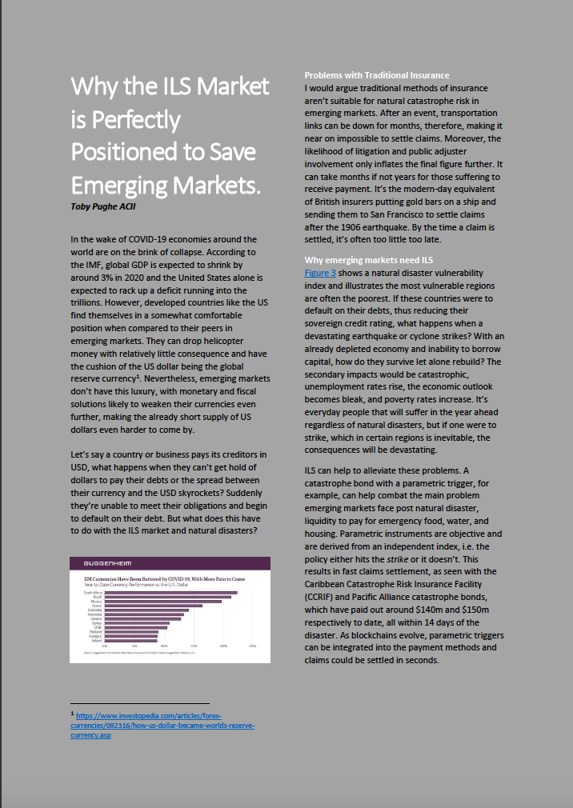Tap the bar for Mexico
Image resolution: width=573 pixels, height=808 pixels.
163,601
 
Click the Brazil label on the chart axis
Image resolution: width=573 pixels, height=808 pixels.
98,597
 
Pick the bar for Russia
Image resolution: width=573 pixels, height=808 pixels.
154,606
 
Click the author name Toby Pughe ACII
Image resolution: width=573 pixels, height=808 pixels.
105,206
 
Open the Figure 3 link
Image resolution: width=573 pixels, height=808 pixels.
323,273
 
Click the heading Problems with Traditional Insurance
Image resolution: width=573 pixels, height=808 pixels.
376,75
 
